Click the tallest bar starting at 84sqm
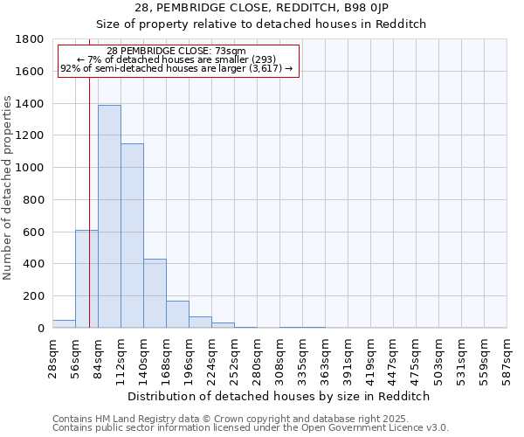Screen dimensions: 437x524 tap(109, 217)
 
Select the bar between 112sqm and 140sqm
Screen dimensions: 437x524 tap(132, 236)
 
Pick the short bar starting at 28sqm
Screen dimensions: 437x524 tap(64, 323)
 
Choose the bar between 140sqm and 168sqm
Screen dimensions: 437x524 tap(155, 294)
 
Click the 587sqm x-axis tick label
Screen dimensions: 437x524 tap(507, 357)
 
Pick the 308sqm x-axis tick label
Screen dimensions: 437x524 tap(280, 357)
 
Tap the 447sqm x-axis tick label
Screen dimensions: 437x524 tap(394, 357)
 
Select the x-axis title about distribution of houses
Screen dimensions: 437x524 tap(279, 396)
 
